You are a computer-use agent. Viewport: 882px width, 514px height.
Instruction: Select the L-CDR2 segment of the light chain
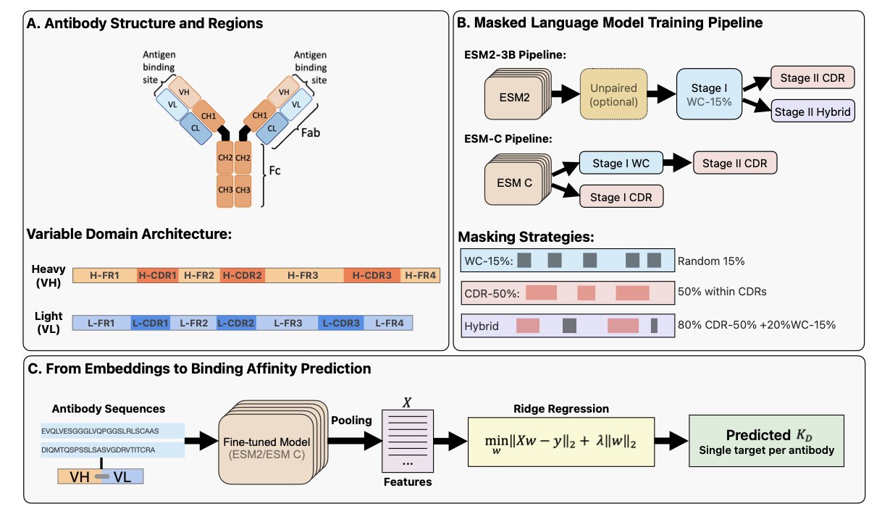point(236,321)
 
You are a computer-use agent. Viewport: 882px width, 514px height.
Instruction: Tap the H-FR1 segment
point(105,276)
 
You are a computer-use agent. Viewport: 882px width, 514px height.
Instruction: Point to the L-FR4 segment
point(388,321)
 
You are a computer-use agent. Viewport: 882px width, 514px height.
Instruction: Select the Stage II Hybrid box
point(813,111)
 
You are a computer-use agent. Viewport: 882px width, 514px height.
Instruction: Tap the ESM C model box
point(515,182)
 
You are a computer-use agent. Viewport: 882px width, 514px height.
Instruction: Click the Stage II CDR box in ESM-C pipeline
point(735,163)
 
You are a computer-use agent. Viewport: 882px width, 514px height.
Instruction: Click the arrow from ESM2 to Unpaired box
point(563,94)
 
